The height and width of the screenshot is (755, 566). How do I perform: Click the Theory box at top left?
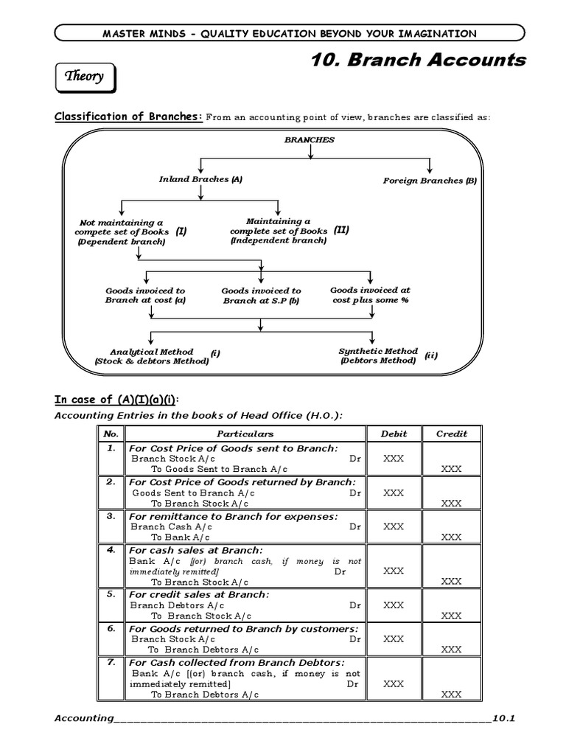click(85, 77)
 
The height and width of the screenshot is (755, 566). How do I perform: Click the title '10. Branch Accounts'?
click(419, 60)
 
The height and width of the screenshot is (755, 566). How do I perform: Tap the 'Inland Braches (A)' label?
click(200, 179)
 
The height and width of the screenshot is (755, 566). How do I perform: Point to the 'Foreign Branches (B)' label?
click(430, 181)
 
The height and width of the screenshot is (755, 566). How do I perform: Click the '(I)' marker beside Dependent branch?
click(181, 232)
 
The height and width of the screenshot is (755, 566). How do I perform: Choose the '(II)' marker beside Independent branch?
click(341, 230)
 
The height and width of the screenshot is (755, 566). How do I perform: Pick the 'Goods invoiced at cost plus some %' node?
click(370, 295)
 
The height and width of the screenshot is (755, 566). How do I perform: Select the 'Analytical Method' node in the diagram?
click(151, 356)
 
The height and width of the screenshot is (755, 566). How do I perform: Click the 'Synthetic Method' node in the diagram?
click(378, 355)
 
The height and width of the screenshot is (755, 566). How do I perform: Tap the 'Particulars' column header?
click(245, 434)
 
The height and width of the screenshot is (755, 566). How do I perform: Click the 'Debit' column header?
click(394, 434)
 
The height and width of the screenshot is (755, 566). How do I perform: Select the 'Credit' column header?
click(451, 434)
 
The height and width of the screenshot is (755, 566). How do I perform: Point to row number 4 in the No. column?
click(111, 550)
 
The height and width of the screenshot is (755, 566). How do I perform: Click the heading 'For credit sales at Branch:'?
click(199, 594)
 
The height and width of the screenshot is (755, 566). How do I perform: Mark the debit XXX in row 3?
click(394, 526)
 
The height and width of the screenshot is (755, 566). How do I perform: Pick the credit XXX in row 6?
click(451, 650)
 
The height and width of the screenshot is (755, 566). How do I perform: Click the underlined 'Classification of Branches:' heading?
click(129, 116)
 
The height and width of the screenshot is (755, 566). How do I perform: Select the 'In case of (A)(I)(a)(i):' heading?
click(116, 400)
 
